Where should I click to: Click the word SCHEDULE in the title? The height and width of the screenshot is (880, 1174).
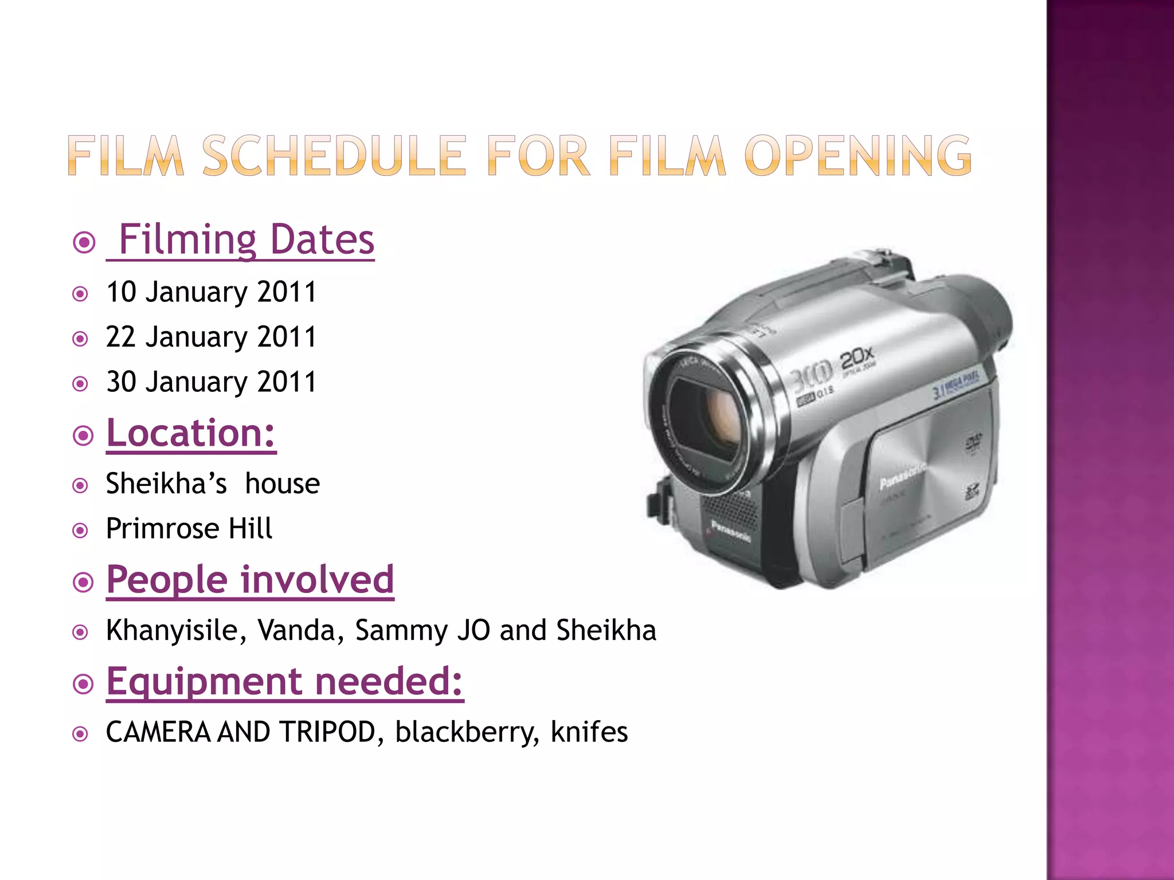coord(334,155)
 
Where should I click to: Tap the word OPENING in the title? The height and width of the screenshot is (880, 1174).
coord(858,155)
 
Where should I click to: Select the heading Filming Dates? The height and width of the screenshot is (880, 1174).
coord(246,239)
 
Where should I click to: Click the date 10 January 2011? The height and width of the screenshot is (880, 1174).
coord(211,292)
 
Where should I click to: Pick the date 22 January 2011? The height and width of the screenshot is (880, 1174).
coord(211,336)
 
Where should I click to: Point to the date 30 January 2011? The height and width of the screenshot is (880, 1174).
coord(211,382)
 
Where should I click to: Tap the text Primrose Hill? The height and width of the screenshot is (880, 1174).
coord(189,528)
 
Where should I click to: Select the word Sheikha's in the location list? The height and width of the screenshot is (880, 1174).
coord(166,484)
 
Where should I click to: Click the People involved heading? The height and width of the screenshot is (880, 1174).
coord(250,579)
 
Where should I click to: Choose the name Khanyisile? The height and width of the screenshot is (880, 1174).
coord(177,630)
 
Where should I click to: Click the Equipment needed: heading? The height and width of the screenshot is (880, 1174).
coord(285,681)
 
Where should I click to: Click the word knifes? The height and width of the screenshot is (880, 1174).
coord(589,732)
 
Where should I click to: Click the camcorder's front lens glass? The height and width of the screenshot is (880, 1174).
coord(711,418)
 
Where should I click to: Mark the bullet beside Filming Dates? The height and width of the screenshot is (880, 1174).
coord(84,242)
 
